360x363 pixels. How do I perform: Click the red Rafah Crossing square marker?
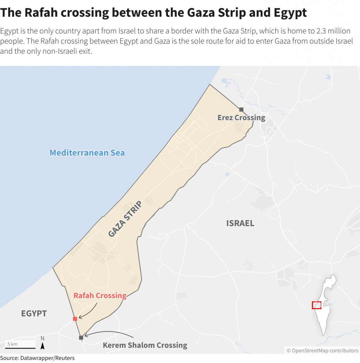75,319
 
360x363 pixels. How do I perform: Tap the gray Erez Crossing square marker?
241,110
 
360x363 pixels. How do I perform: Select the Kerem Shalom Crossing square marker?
81,337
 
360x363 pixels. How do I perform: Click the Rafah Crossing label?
100,296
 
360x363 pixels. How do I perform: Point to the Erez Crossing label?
241,118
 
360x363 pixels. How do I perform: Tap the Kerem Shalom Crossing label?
145,345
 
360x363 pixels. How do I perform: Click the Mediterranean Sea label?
87,153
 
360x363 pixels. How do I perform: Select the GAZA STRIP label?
125,219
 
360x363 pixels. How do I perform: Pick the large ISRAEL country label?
240,223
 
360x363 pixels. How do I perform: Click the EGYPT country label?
34,313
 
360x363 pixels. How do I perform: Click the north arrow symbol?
43,346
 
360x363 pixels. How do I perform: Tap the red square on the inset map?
316,305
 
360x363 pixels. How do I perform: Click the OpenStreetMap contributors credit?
322,351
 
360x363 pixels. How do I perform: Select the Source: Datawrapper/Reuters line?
37,358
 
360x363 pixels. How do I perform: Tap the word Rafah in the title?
36,13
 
